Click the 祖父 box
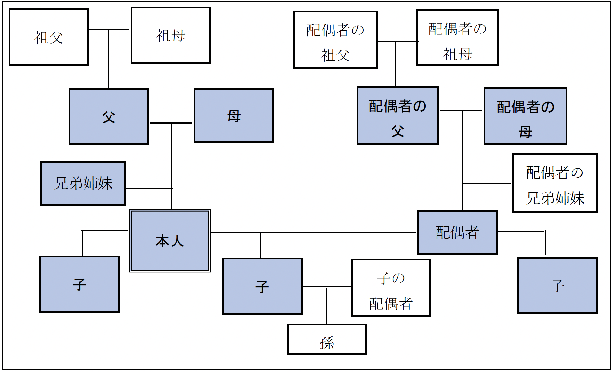click(x=49, y=37)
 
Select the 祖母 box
click(x=171, y=35)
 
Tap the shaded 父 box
click(x=109, y=116)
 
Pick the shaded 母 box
click(x=234, y=116)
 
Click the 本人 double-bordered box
click(x=170, y=241)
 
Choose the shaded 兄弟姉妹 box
click(x=83, y=183)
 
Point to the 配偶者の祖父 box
click(x=336, y=40)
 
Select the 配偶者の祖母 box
click(x=457, y=38)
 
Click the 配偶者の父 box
click(x=398, y=116)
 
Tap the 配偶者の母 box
click(x=525, y=116)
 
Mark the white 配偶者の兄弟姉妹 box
click(x=554, y=184)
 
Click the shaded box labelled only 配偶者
click(x=457, y=232)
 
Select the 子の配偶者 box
click(x=391, y=288)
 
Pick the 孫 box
click(x=327, y=339)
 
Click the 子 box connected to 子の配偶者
click(x=262, y=286)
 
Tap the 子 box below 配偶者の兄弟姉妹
click(x=557, y=286)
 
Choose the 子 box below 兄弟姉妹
click(x=79, y=285)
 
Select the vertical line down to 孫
click(x=327, y=306)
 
